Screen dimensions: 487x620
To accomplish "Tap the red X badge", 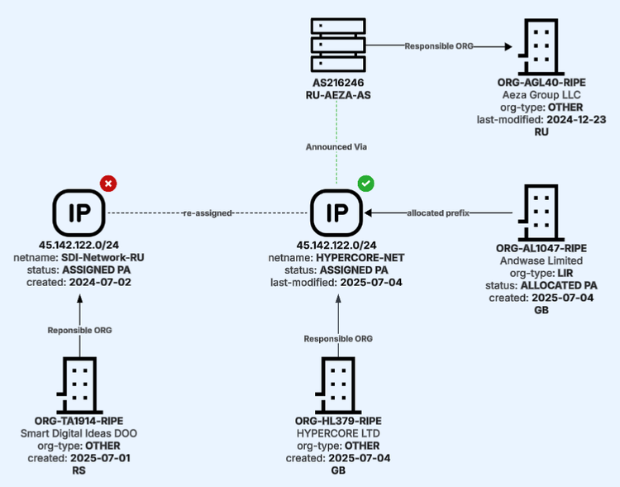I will click(x=107, y=183).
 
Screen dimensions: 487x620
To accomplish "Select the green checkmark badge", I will click(x=365, y=183).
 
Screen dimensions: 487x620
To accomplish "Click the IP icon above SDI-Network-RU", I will click(x=79, y=212).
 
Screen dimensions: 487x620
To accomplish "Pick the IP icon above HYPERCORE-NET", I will click(x=336, y=212).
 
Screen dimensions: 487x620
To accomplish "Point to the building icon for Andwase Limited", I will click(x=542, y=212).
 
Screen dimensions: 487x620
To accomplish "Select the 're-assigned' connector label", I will click(x=207, y=213).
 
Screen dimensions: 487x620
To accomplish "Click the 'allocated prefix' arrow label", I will click(x=438, y=212).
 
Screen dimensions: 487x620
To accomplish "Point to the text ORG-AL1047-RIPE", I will click(x=541, y=248).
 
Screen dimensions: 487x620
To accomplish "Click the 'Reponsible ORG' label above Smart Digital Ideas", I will click(x=80, y=330).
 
